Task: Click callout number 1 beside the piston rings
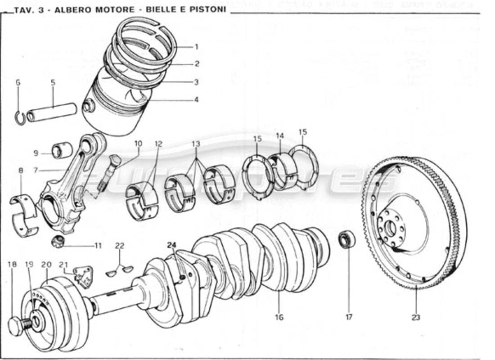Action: (196, 46)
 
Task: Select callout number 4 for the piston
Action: (196, 100)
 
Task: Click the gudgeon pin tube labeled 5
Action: (52, 113)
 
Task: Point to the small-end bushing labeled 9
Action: (63, 150)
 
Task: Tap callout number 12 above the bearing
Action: (158, 144)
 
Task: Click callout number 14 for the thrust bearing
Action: (280, 135)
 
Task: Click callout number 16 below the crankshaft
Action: (279, 317)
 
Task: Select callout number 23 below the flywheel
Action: (415, 317)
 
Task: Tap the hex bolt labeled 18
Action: (16, 326)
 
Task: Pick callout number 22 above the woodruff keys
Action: (119, 246)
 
